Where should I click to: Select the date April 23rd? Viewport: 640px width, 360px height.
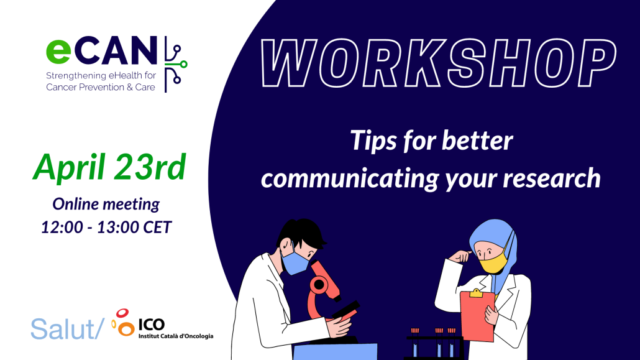(109, 166)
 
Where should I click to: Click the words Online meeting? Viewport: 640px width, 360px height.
(106, 204)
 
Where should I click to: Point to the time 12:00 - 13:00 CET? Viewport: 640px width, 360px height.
(106, 227)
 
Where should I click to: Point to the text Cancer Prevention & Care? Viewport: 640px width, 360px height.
(101, 88)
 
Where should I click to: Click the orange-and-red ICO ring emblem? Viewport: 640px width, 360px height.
(122, 323)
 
